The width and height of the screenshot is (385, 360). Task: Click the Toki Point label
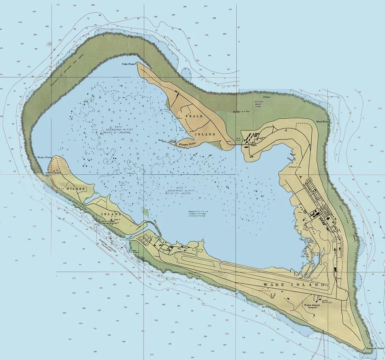pos(128,64)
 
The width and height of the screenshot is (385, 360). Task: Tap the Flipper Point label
pos(188,144)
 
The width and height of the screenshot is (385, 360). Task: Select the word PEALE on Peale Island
pos(194,116)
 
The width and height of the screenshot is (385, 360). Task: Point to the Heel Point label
pos(323,121)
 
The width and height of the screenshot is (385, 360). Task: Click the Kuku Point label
pos(44,157)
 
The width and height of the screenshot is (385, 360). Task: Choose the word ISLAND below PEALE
pos(207,134)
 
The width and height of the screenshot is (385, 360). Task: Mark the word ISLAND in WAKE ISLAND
pos(310,285)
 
